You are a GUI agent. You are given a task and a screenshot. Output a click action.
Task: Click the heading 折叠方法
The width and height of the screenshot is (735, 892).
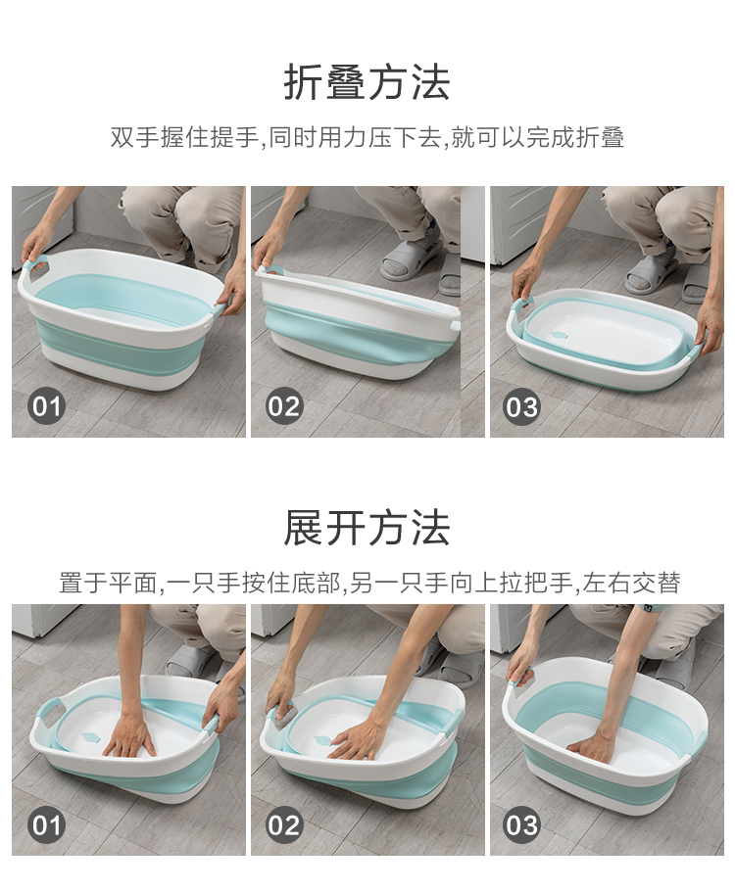point(367,82)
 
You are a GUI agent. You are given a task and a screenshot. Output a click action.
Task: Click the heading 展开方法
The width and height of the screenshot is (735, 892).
point(367,528)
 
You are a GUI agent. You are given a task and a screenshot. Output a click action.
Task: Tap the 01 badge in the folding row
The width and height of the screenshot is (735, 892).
point(46,406)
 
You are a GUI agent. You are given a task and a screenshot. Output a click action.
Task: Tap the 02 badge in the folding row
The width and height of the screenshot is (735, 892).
point(284,406)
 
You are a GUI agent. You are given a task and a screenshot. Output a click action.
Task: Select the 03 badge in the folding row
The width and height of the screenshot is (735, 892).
point(521,406)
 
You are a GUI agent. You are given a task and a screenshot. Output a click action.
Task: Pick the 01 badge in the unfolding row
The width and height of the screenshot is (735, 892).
point(46,824)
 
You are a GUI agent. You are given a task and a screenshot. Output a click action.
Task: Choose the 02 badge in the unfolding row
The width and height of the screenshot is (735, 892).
point(284,824)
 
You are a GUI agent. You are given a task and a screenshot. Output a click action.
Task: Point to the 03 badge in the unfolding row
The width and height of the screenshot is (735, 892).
point(521,824)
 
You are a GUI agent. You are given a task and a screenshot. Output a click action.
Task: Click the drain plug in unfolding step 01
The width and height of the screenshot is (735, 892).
point(90,738)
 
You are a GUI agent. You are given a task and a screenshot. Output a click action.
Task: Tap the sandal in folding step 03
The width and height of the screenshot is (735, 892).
point(650,274)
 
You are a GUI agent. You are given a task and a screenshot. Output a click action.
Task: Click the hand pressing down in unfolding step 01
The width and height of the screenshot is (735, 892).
point(129,736)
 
